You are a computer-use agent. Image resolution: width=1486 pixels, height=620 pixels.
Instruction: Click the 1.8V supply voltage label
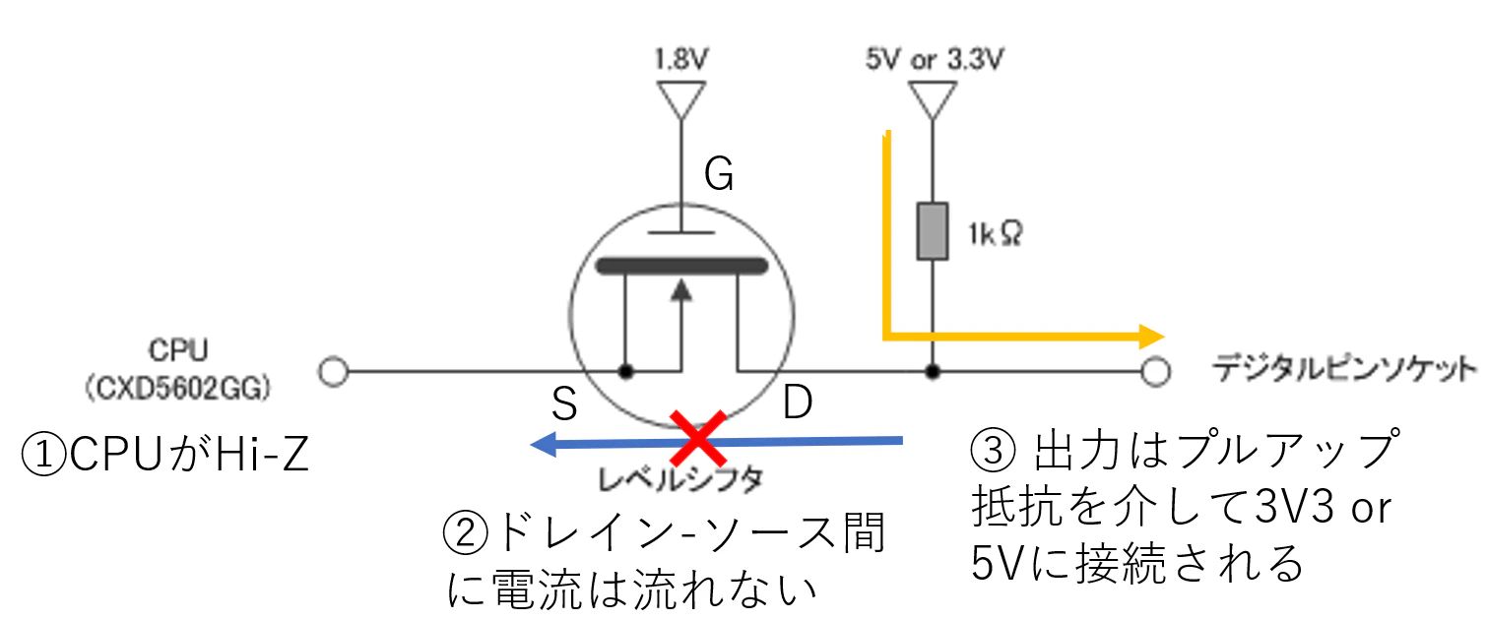[681, 59]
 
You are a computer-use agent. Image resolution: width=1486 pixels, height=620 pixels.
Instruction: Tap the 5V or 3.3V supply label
[935, 59]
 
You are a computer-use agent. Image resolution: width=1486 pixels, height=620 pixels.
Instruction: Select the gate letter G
[719, 174]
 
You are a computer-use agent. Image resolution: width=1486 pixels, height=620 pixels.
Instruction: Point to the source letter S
[564, 403]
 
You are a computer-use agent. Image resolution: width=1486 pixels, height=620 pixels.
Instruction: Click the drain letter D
[798, 402]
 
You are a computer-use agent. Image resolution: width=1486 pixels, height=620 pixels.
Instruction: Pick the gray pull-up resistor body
[932, 230]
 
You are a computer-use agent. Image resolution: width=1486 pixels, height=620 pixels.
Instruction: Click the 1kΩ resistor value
[995, 234]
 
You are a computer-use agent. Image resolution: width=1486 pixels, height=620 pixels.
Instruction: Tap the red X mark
[698, 438]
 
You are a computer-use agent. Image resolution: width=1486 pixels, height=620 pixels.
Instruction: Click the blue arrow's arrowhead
[544, 444]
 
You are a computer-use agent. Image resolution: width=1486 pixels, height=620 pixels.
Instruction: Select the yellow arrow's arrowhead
[1151, 337]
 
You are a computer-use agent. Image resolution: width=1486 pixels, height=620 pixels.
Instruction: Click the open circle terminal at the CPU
[333, 371]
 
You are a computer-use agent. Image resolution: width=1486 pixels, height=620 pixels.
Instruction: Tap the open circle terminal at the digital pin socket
[1156, 371]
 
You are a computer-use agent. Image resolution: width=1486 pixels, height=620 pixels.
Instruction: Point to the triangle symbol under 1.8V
[681, 99]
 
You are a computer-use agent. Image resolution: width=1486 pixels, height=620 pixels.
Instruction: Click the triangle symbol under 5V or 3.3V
[932, 99]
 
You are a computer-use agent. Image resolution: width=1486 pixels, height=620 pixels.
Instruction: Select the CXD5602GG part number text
[178, 389]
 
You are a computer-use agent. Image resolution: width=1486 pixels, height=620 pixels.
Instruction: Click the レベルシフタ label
[680, 479]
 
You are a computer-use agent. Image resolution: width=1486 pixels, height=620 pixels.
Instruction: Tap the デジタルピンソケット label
[1345, 369]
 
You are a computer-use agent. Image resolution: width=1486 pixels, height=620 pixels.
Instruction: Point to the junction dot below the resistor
[932, 371]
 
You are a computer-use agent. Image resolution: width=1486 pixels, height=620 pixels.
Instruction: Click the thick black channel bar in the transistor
[682, 266]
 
